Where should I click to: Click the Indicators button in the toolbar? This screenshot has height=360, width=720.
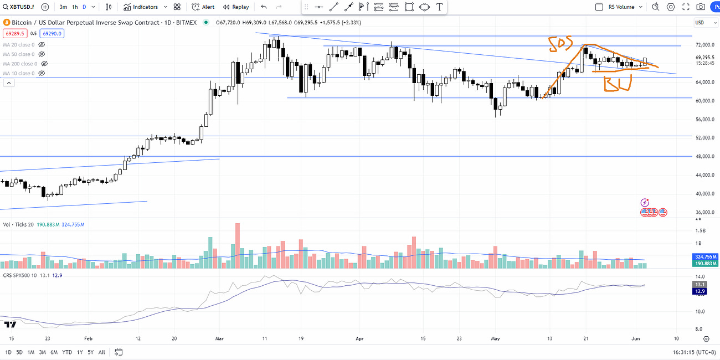141,7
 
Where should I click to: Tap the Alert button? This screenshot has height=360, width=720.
203,7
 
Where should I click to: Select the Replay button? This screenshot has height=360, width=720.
236,7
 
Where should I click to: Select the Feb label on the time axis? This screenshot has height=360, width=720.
88,337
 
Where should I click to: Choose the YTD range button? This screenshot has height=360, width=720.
67,352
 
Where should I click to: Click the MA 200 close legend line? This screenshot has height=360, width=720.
19,64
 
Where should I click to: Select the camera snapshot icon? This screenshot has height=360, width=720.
701,7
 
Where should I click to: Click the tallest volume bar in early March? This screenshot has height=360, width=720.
238,246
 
